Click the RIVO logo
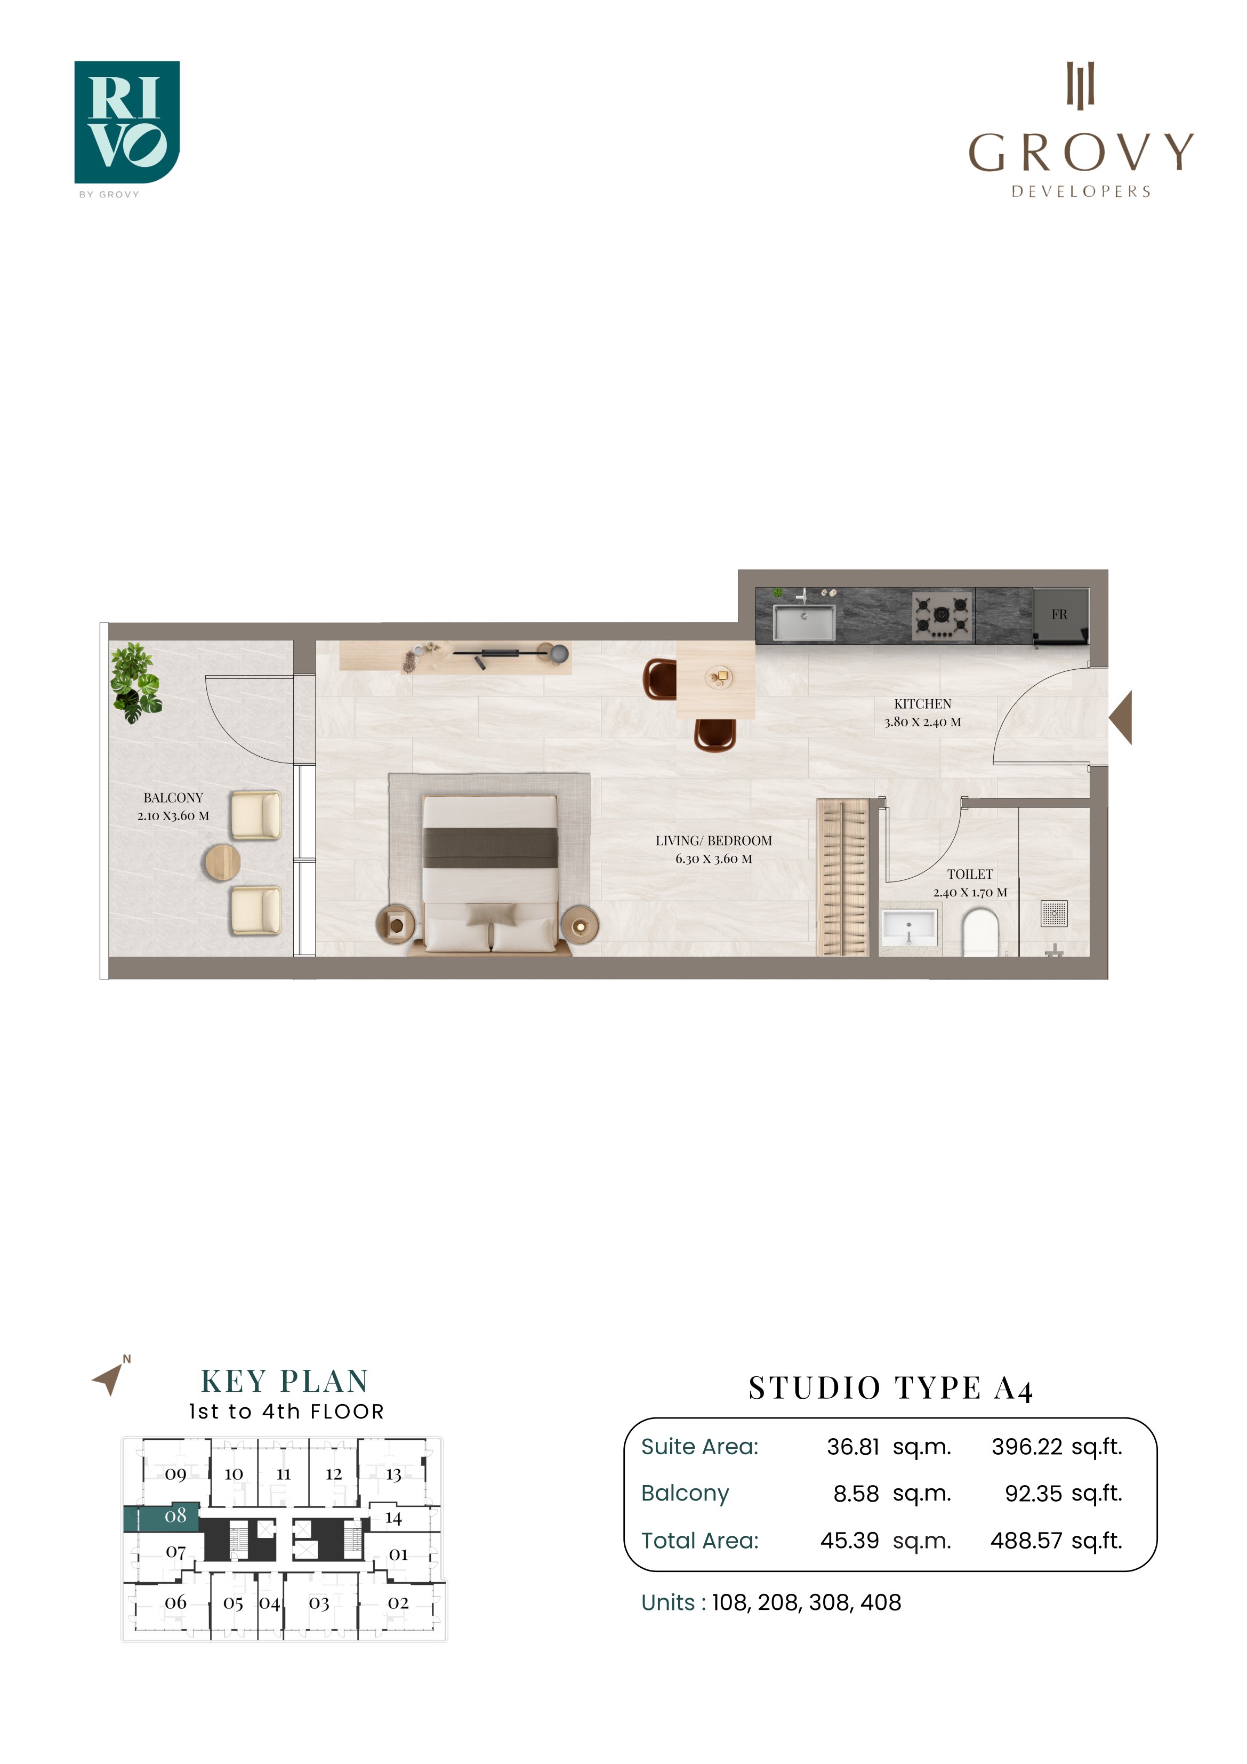[127, 123]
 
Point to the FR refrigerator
[1060, 615]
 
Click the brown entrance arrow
[1121, 717]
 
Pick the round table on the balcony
[221, 862]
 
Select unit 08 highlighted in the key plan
[162, 1517]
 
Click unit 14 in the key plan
[393, 1518]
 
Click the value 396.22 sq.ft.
[1057, 1447]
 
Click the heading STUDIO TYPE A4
[890, 1388]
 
